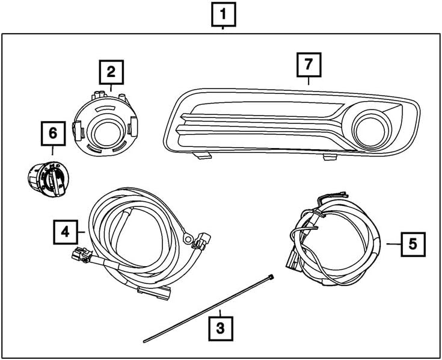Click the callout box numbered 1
tap(223, 14)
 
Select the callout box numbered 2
tap(111, 73)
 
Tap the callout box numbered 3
tap(220, 329)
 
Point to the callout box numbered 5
tap(412, 244)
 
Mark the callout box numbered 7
tap(309, 64)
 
